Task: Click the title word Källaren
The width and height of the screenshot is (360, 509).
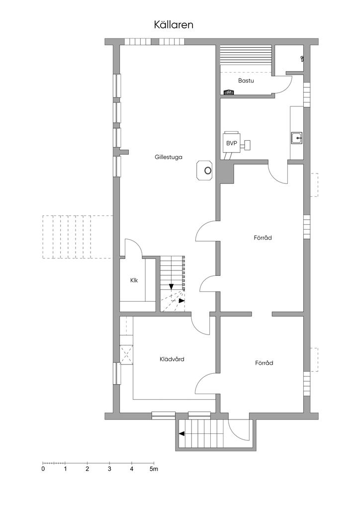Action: [x=174, y=25]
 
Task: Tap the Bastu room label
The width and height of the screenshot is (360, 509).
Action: [x=246, y=81]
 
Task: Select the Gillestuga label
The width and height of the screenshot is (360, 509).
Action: [x=169, y=157]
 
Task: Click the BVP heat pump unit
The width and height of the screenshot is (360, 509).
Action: [x=232, y=142]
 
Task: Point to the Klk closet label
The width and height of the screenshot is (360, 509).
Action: [x=134, y=280]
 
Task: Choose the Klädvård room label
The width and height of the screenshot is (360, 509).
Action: [x=172, y=359]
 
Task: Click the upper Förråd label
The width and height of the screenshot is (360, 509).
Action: [x=263, y=238]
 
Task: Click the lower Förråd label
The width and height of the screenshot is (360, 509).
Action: [x=264, y=363]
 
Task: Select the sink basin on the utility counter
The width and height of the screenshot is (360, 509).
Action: [x=297, y=138]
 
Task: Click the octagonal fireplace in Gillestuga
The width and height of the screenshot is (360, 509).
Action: [x=205, y=170]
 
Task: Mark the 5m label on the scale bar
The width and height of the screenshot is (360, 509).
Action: [x=154, y=469]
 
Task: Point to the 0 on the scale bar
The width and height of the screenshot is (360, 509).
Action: [x=43, y=469]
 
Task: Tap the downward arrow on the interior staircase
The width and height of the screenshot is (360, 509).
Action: [x=171, y=286]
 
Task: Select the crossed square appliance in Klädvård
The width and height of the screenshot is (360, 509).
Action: [x=126, y=355]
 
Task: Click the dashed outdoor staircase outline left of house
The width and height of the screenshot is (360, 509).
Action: [x=78, y=237]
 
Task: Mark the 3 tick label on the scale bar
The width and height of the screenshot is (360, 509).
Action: [x=109, y=469]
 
